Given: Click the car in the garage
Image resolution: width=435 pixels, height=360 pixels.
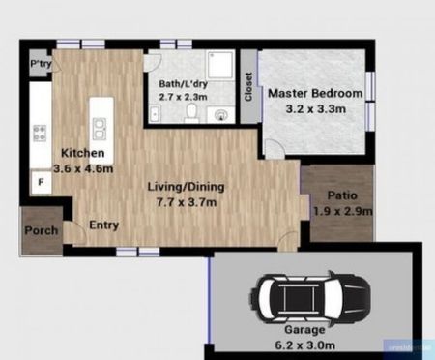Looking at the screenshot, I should (312, 298).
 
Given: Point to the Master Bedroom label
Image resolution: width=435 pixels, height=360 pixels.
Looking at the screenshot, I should (315, 93).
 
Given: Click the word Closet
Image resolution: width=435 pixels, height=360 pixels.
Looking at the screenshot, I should (248, 88).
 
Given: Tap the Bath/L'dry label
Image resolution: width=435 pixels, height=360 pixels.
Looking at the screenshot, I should (185, 83).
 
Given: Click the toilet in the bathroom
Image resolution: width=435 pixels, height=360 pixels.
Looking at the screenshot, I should (192, 114).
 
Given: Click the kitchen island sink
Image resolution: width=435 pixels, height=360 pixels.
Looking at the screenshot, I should (99, 124).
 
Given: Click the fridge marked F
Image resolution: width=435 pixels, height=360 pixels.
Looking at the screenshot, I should (41, 180).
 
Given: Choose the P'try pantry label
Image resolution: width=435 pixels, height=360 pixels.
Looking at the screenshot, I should (41, 64).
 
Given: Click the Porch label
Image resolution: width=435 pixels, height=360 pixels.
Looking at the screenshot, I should (42, 230).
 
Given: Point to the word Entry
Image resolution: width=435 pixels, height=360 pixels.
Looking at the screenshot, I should (103, 225).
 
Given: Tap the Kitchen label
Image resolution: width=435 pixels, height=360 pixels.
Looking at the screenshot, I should (82, 154).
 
